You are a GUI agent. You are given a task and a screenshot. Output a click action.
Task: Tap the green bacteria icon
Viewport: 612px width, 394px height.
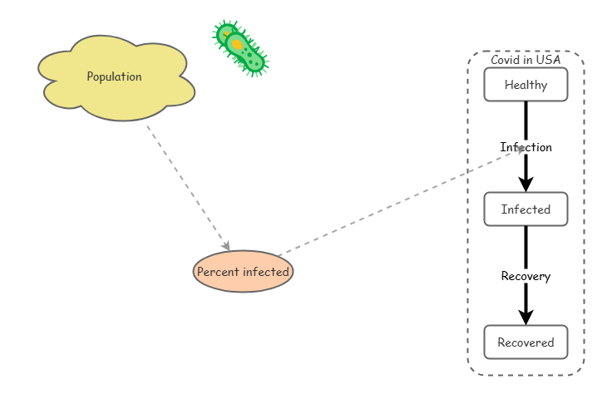[x=240, y=48]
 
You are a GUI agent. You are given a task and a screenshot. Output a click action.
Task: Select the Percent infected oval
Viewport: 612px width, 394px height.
[x=243, y=272]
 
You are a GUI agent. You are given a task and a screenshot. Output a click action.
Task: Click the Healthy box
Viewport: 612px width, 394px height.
[x=526, y=85]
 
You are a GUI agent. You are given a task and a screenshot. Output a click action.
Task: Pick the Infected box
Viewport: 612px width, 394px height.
[x=526, y=209]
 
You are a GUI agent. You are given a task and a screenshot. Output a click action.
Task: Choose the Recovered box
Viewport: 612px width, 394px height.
[x=526, y=342]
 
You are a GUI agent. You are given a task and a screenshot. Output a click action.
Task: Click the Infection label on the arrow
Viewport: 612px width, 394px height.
[x=526, y=147]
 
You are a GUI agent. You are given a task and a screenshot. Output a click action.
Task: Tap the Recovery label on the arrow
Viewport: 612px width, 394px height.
[x=526, y=276]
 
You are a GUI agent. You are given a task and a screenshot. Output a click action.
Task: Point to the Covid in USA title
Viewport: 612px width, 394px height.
[x=526, y=60]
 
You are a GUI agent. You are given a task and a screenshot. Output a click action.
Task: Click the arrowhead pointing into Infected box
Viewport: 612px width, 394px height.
[x=526, y=185]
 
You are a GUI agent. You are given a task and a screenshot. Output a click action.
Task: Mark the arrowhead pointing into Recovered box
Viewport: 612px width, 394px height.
[x=526, y=317]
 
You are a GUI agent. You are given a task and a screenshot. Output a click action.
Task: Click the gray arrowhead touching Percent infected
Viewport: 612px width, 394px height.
[x=225, y=246]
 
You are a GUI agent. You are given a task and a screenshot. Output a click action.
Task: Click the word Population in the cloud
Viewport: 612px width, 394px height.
[x=115, y=76]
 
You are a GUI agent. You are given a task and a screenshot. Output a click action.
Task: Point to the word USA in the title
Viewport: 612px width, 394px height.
[x=548, y=60]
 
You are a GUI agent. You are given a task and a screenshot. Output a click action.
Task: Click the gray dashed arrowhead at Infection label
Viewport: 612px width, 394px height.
[x=519, y=150]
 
